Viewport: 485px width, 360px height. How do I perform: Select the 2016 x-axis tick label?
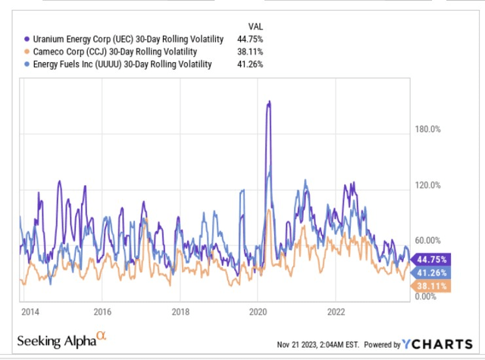(x=102, y=311)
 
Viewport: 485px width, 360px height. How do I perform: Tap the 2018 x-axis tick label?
(x=180, y=311)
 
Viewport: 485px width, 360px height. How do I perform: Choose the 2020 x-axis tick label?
(x=258, y=311)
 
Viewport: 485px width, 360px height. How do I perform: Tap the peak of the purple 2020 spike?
(x=268, y=102)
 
